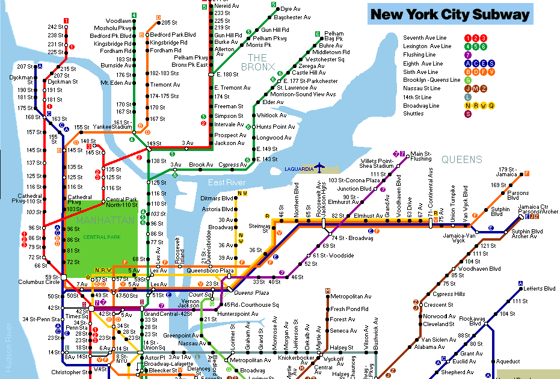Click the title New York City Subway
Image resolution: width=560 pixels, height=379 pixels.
click(x=450, y=14)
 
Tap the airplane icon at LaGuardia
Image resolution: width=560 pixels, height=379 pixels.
click(x=319, y=168)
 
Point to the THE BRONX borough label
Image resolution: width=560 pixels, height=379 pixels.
click(x=257, y=61)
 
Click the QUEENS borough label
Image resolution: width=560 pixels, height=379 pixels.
click(x=461, y=159)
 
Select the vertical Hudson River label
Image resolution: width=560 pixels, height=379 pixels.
click(x=9, y=345)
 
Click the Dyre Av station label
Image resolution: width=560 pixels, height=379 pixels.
click(x=291, y=9)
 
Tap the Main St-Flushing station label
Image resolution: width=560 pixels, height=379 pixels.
click(x=420, y=156)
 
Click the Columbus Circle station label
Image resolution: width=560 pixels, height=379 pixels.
click(x=40, y=282)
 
